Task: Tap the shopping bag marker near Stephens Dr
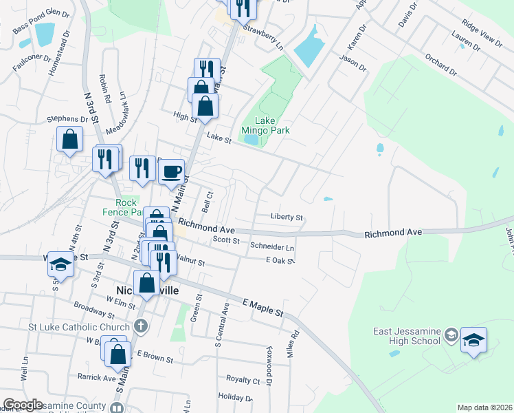pyautogui.click(x=70, y=139)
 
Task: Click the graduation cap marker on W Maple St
pyautogui.click(x=60, y=266)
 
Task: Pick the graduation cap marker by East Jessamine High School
pyautogui.click(x=474, y=341)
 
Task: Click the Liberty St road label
pyautogui.click(x=287, y=217)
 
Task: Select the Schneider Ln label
pyautogui.click(x=272, y=246)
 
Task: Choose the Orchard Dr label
pyautogui.click(x=440, y=65)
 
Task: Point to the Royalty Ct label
pyautogui.click(x=243, y=379)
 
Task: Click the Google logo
pyautogui.click(x=23, y=405)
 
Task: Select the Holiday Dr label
pyautogui.click(x=235, y=398)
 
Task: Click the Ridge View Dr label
pyautogui.click(x=481, y=31)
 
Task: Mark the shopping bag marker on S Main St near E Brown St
pyautogui.click(x=118, y=354)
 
